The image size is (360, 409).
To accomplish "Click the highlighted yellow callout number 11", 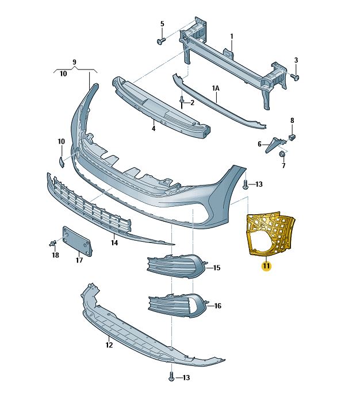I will point(266,265).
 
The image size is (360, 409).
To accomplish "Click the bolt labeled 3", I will point(294,76).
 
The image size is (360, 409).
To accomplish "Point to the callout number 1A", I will point(216,88).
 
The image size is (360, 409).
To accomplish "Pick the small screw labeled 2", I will point(182,102).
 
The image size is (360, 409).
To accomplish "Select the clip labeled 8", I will point(292,137).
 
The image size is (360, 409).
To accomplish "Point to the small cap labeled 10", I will point(62,160).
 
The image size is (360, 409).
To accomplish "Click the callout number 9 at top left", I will point(74,61).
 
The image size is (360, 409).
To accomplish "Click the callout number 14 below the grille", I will point(114,243).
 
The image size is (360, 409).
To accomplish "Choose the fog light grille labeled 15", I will point(175,267).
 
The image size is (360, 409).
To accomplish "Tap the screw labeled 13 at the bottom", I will point(171,377).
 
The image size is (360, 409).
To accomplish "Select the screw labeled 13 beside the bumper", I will point(246,184).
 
